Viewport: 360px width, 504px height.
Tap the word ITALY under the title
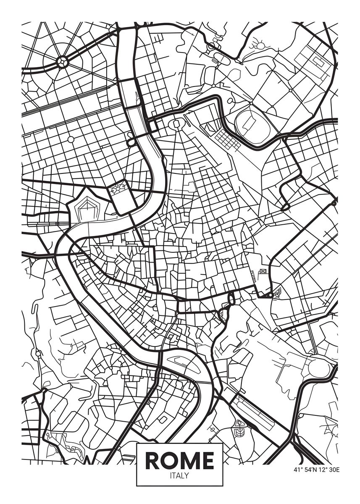pos(179,476)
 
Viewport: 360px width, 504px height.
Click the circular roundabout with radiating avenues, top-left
pos(62,62)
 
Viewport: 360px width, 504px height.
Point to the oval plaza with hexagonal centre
pos(176,124)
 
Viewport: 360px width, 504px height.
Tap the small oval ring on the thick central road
pos(231,299)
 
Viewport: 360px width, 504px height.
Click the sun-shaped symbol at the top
pos(259,45)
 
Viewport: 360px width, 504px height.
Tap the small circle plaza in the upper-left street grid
pos(71,139)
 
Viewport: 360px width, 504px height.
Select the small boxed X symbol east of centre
pos(263,272)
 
